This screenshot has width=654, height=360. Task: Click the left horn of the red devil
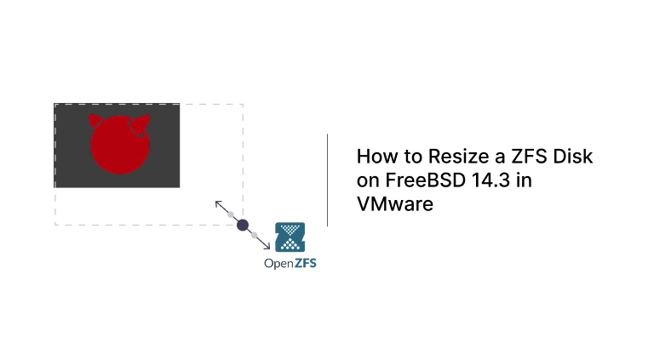[95, 120]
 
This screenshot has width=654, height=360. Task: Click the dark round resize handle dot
[242, 225]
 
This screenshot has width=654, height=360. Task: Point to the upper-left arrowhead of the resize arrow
[217, 203]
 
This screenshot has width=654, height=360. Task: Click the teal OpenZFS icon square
[290, 237]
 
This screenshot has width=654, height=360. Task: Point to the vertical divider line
[328, 180]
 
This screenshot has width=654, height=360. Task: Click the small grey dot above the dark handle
[231, 214]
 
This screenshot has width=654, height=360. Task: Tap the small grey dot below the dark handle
[254, 235]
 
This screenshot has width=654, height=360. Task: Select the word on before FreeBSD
[367, 180]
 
